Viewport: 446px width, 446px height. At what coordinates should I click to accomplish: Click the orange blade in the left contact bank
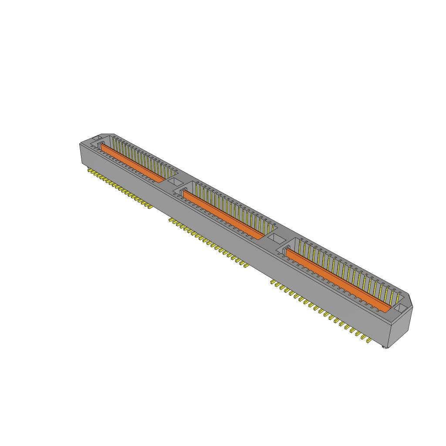click(133, 163)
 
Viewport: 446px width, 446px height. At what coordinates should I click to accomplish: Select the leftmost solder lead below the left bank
click(89, 171)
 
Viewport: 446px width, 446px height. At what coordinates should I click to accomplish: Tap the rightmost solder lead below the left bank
click(149, 207)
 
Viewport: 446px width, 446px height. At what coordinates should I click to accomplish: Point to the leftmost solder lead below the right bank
click(273, 282)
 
